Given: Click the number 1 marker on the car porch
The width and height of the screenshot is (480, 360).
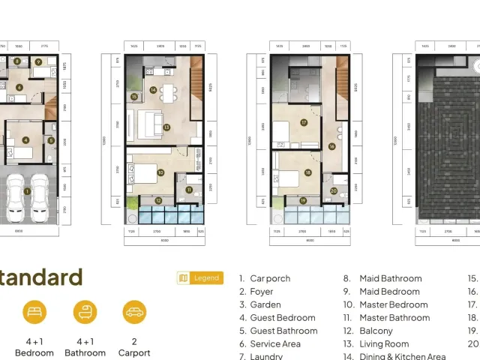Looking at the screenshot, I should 27,191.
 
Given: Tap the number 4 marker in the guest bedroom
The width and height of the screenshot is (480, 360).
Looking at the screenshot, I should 25,139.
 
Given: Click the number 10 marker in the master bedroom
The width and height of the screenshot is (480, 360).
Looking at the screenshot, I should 160,172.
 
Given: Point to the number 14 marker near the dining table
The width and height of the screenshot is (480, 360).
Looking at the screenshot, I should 153,90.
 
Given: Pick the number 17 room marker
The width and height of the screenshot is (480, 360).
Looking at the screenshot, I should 304,122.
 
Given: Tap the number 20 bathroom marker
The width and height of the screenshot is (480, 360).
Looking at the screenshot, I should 334,191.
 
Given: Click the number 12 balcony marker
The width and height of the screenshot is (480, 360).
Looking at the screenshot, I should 158,200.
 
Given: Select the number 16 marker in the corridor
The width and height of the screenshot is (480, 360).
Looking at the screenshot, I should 331,146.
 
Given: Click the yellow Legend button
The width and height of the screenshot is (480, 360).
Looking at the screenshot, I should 200,278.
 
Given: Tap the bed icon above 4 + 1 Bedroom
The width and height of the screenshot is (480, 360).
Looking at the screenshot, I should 33,312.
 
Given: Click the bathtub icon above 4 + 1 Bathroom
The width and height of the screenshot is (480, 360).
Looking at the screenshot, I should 85,312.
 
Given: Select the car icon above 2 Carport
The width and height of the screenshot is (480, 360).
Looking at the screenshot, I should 134,312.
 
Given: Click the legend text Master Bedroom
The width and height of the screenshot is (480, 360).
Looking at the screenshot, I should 393,304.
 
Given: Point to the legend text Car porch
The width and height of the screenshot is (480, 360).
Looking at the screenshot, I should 270,278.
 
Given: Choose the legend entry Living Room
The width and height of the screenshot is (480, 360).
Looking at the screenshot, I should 384,344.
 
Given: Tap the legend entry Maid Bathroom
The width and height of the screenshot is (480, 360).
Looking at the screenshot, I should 389,278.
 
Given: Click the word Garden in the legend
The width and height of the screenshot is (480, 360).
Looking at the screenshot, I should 265,304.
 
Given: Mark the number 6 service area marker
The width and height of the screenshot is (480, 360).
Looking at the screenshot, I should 19,87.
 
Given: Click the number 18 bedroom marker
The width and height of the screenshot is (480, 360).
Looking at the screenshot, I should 308,172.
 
